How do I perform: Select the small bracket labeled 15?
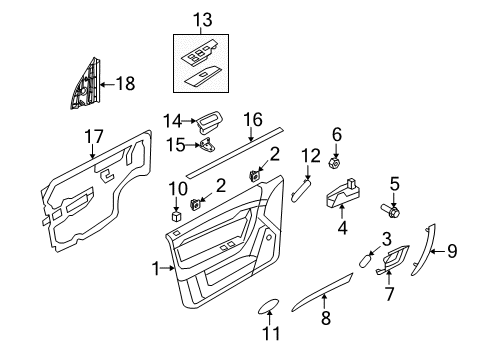(207, 146)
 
